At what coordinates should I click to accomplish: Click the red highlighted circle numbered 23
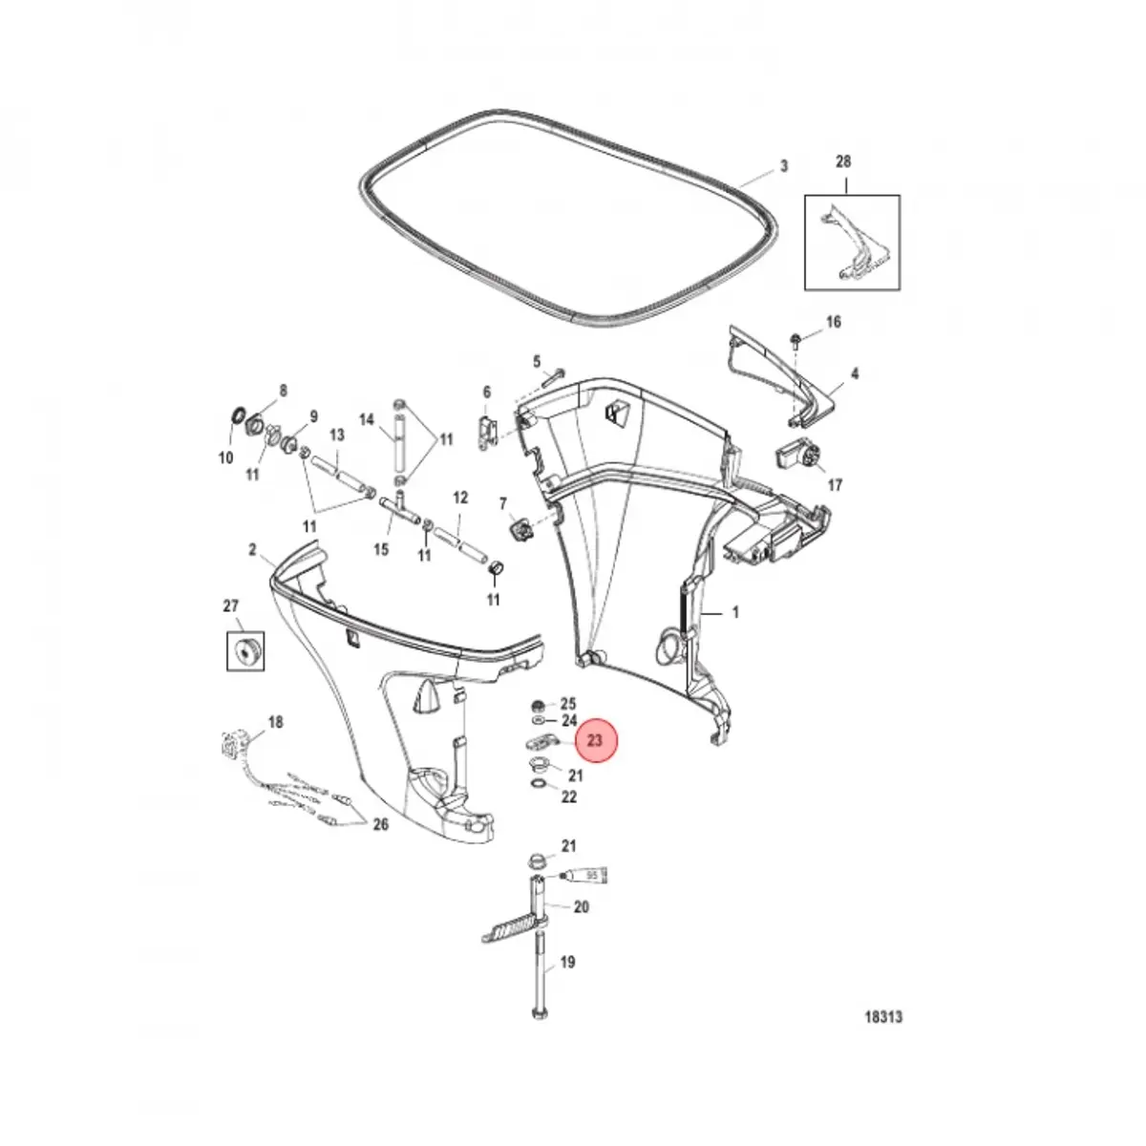[x=595, y=740]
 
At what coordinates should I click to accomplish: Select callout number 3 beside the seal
[x=783, y=166]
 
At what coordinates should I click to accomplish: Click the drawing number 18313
[x=881, y=1017]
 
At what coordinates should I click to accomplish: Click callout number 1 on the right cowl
[x=734, y=612]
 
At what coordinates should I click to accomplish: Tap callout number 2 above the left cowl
[x=253, y=549]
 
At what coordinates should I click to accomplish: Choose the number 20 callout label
[x=581, y=907]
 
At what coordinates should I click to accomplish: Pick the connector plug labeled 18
[x=233, y=742]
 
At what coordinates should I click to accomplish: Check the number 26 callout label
[x=380, y=825]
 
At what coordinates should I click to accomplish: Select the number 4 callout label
[x=855, y=374]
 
